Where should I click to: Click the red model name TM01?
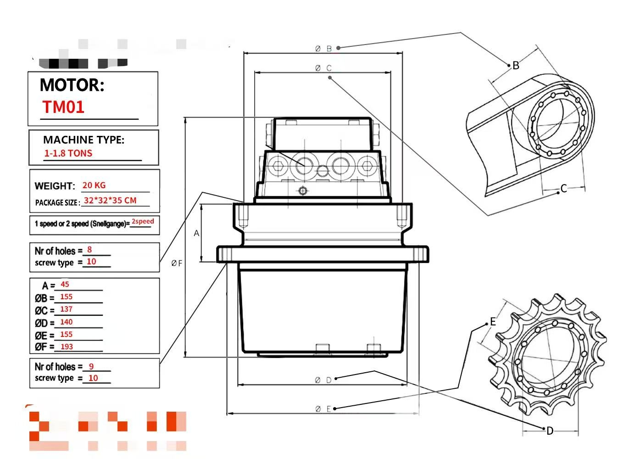(63, 107)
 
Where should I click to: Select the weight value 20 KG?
(94, 185)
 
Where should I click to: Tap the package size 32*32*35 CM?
(110, 201)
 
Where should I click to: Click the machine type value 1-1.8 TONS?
(68, 153)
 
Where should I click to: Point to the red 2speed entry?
(143, 221)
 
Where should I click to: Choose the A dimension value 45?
(65, 285)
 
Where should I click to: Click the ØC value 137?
(66, 309)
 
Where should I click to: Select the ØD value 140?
(66, 322)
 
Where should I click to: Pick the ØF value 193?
(67, 347)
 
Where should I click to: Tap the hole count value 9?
(91, 366)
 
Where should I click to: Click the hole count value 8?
(89, 250)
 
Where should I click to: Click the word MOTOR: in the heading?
(72, 85)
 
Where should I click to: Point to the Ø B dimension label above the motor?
(323, 48)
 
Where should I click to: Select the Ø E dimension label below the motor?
(323, 409)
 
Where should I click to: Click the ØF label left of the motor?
(177, 263)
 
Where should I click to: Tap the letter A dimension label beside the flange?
(196, 233)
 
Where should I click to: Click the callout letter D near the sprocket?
(550, 431)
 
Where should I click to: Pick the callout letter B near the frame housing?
(516, 66)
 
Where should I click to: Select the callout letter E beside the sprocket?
(493, 322)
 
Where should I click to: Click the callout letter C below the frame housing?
(564, 189)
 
